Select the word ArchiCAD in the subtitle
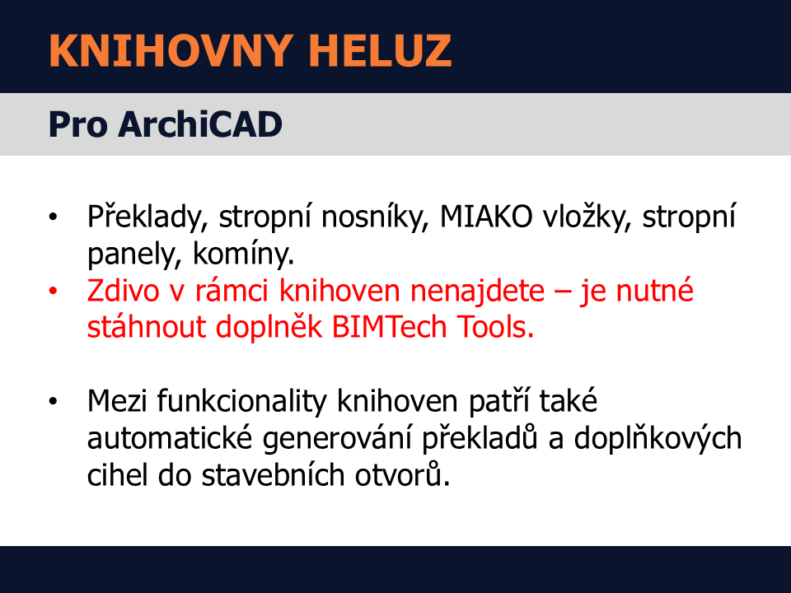200,124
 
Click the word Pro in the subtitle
77,124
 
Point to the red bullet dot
53,291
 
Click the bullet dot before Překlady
53,217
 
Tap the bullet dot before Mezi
53,402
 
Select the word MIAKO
486,217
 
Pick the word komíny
243,254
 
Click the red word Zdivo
123,291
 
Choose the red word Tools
495,327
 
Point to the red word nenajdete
477,292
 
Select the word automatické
169,438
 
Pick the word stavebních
273,475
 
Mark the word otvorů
402,474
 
